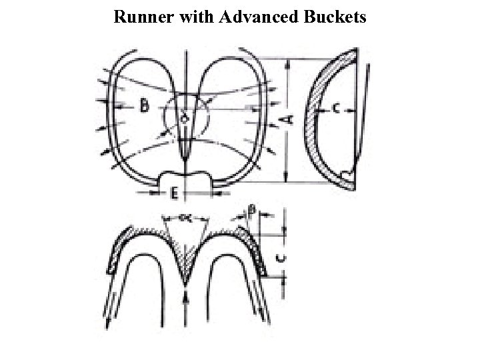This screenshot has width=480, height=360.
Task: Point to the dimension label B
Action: click(x=144, y=105)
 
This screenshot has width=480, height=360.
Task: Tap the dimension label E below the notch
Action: click(x=173, y=195)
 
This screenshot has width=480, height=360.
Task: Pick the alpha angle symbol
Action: click(x=185, y=218)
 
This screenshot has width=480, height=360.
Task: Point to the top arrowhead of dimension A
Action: click(x=287, y=64)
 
